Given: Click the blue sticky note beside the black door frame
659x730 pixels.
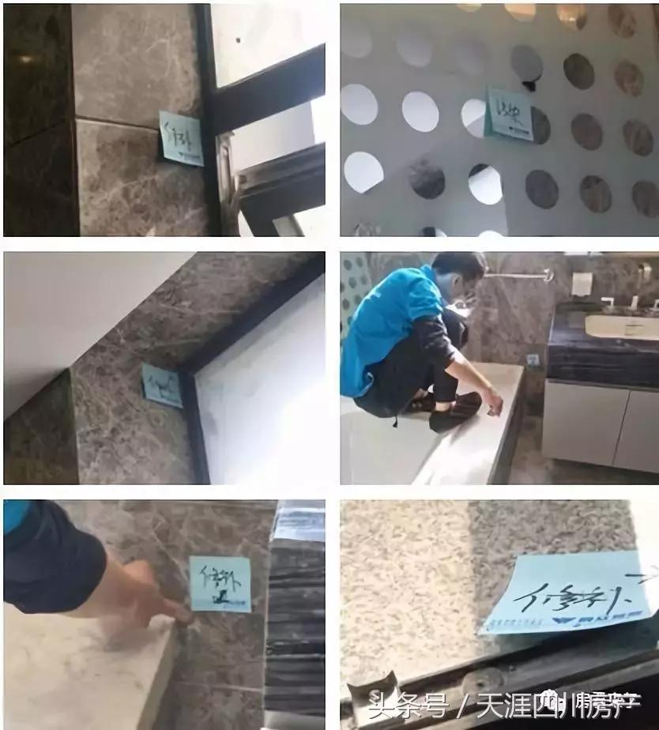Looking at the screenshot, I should click(181, 137).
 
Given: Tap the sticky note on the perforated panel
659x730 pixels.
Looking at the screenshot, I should click(509, 115).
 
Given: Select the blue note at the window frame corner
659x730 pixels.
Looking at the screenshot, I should click(161, 385).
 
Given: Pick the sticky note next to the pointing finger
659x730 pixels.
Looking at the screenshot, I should click(220, 583).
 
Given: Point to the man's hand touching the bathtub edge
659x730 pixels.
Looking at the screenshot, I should click(495, 407).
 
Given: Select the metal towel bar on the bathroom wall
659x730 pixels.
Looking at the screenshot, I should click(518, 276).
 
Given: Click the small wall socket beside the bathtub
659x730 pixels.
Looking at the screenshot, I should click(533, 360).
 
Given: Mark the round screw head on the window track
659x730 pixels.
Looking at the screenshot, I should click(474, 677).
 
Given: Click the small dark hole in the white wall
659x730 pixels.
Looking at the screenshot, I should click(238, 39).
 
